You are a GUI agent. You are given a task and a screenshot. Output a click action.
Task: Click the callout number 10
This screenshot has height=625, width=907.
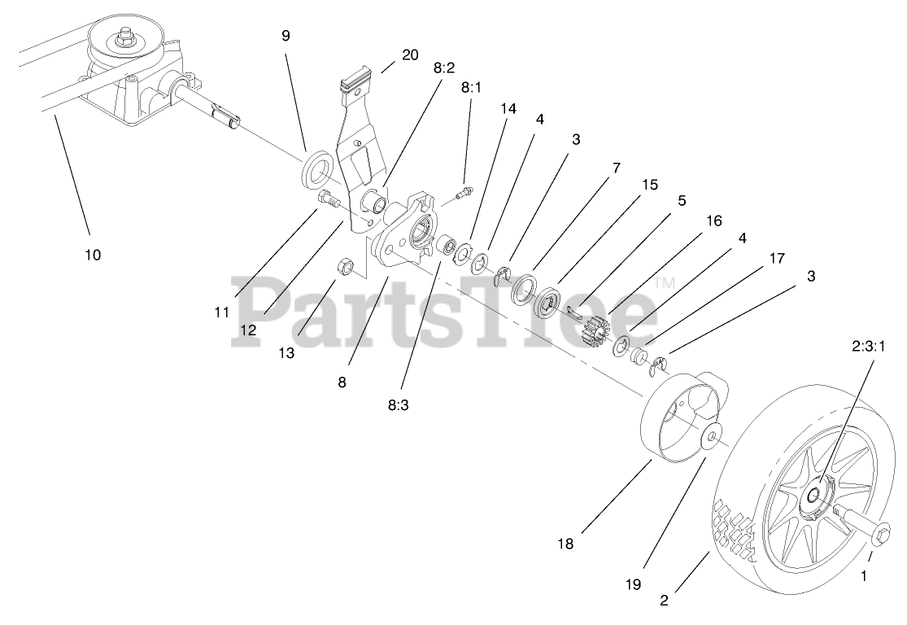93,255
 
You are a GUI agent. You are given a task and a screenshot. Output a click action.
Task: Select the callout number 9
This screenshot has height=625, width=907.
286,36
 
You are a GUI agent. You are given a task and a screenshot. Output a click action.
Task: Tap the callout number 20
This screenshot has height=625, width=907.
410,55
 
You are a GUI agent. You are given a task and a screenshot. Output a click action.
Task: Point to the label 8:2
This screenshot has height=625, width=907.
444,68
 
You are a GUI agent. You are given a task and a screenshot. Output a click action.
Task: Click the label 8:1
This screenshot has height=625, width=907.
471,87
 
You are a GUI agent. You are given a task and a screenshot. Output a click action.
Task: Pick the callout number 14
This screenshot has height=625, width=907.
508,108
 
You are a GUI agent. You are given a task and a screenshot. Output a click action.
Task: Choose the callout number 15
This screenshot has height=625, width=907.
649,185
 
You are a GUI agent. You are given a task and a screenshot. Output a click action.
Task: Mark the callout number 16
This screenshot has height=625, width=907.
713,221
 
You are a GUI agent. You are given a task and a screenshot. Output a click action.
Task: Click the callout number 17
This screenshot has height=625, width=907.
776,258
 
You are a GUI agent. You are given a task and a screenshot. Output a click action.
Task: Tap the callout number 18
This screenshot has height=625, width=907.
566,544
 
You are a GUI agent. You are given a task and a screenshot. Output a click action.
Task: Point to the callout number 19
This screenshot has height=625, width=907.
634,583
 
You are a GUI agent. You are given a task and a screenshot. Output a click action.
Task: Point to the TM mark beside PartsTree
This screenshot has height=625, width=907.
665,283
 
